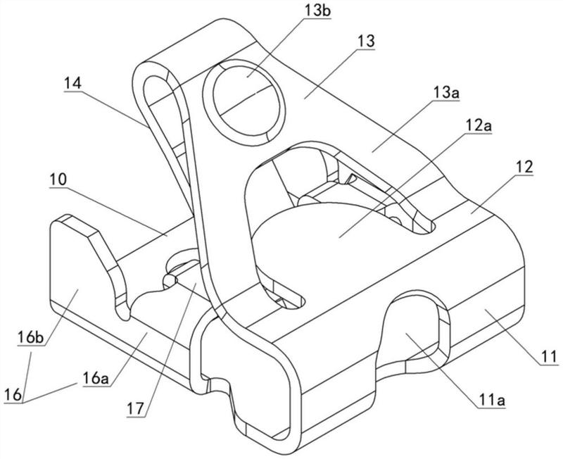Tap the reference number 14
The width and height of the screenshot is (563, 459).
pos(72,82)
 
